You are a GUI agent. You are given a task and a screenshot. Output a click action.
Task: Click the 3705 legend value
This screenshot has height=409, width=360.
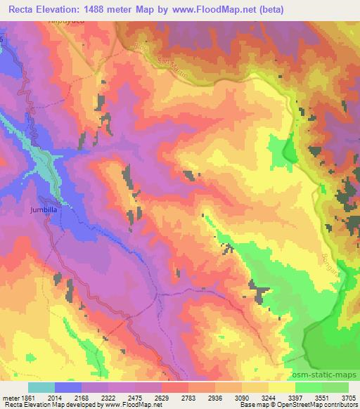[x=347, y=397]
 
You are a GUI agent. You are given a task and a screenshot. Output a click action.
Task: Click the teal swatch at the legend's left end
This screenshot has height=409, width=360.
[x=41, y=387]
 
